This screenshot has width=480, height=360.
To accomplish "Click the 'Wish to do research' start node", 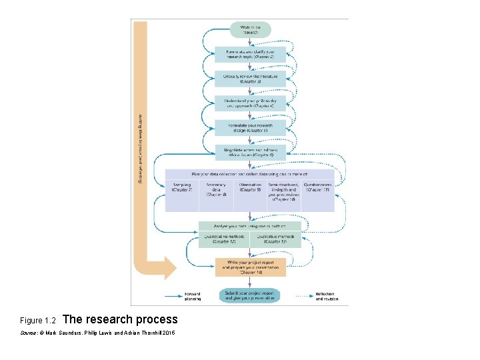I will coord(251,29).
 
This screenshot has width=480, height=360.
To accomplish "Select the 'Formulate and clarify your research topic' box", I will coord(250,55).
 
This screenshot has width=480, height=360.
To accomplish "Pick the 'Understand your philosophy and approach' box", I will coord(250,103).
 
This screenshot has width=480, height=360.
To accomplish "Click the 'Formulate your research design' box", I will coord(250,128).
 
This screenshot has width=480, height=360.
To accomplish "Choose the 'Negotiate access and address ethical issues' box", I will coord(250,153).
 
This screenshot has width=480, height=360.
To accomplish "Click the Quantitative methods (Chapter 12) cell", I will coord(223,239).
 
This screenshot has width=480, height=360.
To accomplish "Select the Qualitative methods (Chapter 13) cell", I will coord(276,239).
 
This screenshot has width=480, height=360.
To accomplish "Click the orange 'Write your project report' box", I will coord(250,267).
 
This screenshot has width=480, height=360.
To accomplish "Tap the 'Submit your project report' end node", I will coord(250,295).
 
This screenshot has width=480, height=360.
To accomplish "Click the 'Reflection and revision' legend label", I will coord(326,296).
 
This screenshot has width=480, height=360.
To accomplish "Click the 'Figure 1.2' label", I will coord(37,321).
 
